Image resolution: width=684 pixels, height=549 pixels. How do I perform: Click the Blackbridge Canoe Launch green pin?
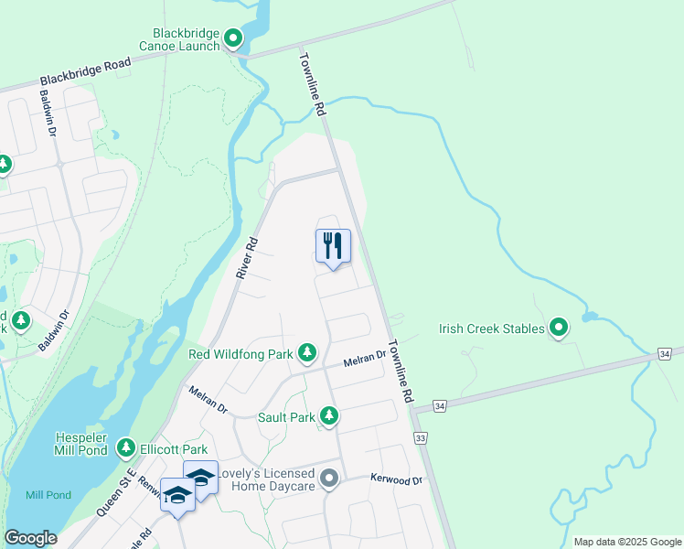[233, 38]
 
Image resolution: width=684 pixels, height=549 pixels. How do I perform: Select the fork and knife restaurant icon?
[333, 245]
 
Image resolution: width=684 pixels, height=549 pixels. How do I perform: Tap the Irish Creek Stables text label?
[492, 328]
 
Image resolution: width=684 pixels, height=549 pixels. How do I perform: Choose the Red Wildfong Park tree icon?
[307, 352]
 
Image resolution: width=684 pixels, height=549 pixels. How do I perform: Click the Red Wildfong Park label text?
[240, 353]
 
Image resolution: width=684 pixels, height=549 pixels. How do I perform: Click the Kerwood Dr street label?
[396, 479]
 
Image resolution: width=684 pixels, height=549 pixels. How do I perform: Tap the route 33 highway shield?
[421, 438]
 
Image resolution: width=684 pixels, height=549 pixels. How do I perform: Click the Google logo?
[30, 538]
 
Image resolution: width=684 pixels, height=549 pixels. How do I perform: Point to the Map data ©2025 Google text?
[626, 542]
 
